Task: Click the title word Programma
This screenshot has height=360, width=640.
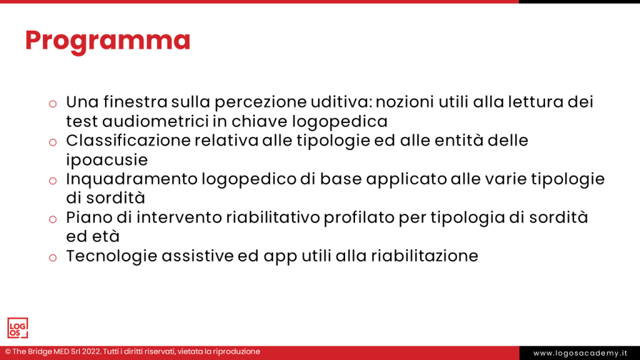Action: point(107,41)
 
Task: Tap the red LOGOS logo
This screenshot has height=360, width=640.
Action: point(17,328)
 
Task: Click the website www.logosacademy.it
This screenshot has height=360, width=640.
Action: point(580,353)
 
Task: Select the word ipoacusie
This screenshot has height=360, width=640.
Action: point(107,160)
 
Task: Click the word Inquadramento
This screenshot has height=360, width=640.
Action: point(131,179)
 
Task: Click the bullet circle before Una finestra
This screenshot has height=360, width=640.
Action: point(53,104)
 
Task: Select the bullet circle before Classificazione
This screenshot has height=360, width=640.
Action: point(53,142)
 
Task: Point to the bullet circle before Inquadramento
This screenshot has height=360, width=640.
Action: point(53,181)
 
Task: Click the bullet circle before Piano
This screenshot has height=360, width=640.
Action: point(53,220)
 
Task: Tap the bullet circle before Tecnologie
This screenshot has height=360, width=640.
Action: point(53,258)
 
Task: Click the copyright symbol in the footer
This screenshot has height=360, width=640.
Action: point(7,352)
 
